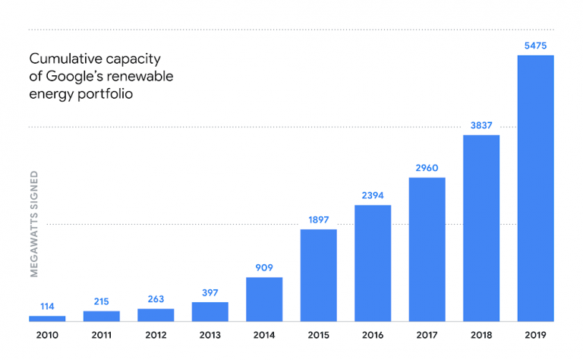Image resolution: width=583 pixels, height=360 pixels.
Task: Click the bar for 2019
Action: click(535, 188)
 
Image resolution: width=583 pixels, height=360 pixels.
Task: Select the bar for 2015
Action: click(318, 275)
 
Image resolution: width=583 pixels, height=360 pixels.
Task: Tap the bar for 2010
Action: click(47, 318)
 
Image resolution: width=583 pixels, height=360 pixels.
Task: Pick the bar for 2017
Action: click(427, 249)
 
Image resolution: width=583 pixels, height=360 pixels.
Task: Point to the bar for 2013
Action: click(210, 311)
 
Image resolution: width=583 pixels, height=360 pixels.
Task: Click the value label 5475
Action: click(535, 46)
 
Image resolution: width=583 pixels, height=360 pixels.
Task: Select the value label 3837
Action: click(481, 126)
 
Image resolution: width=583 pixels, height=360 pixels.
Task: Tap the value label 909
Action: click(264, 268)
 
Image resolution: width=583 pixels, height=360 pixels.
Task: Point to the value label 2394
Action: click(373, 196)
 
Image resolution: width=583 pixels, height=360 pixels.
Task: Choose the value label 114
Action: click(47, 307)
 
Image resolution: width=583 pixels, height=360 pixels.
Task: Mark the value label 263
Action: click(156, 299)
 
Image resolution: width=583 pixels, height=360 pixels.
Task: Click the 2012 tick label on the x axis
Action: click(156, 333)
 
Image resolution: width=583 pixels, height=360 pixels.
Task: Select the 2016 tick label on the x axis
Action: click(373, 333)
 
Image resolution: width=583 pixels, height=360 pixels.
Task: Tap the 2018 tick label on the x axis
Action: click(481, 333)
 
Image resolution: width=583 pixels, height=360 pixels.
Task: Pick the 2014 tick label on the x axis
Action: click(264, 333)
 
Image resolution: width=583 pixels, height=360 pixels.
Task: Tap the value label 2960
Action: click(427, 169)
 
